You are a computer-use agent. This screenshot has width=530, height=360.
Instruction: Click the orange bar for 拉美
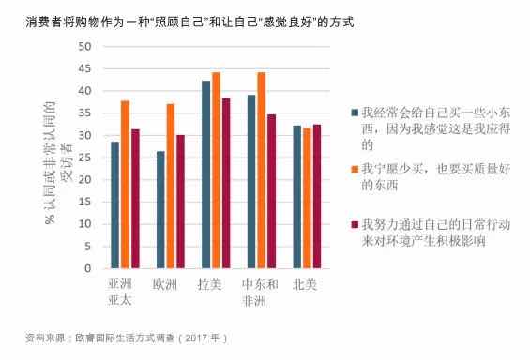[216, 171]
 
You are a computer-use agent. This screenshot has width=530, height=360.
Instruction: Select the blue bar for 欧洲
[160, 210]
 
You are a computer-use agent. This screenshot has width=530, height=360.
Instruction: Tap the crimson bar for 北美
[317, 197]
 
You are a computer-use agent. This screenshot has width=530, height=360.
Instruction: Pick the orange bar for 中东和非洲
[262, 171]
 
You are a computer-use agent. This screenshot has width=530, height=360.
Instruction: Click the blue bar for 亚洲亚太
[115, 205]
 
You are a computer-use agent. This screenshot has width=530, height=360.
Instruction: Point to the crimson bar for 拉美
[226, 184]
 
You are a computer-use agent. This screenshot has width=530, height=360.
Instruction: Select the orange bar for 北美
[307, 198]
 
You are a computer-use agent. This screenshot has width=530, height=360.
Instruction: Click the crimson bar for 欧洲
[181, 202]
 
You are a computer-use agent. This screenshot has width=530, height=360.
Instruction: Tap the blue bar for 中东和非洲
[251, 182]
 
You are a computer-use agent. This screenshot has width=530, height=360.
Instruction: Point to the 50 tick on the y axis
[84, 47]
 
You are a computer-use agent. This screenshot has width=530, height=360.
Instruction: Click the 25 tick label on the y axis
[84, 157]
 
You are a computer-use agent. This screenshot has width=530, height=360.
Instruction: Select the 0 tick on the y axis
[88, 268]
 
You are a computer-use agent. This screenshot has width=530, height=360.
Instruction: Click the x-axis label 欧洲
[165, 284]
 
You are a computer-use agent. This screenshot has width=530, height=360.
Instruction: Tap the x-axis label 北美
[305, 284]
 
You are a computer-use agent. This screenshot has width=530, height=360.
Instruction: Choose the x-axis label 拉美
[209, 284]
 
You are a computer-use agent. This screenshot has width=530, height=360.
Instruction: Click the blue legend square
[355, 112]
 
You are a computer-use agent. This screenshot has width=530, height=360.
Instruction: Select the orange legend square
[355, 169]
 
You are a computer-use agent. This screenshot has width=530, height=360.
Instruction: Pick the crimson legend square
[355, 225]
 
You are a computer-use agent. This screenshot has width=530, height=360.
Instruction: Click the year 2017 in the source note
[197, 337]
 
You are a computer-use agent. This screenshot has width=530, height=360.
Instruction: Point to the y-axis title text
[58, 162]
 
